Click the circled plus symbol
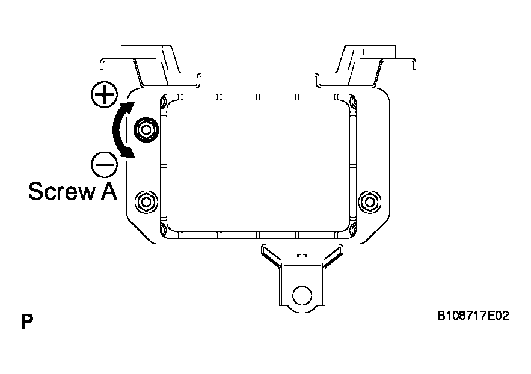tap(105, 95)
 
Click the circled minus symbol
tap(105, 163)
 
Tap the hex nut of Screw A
tap(145, 129)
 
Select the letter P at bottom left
tap(26, 321)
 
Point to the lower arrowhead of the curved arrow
tap(127, 155)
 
